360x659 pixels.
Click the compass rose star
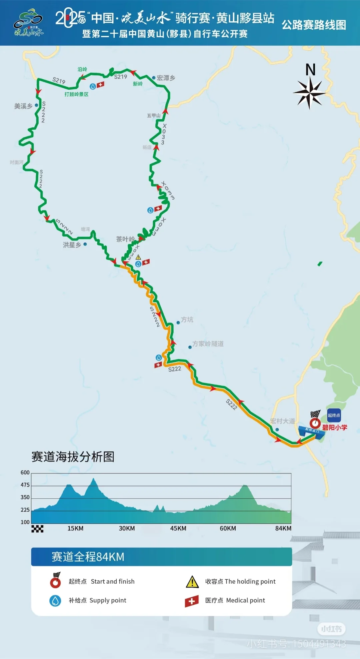pyautogui.click(x=310, y=93)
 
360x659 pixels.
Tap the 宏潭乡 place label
pyautogui.click(x=166, y=78)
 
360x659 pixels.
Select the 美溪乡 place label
pyautogui.click(x=23, y=106)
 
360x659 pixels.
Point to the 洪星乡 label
pyautogui.click(x=72, y=245)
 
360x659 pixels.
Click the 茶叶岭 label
pyautogui.click(x=125, y=239)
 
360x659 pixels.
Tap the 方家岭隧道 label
pyautogui.click(x=208, y=344)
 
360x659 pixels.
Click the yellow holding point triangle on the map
pyautogui.click(x=138, y=257)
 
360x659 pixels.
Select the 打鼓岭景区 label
pyautogui.click(x=76, y=94)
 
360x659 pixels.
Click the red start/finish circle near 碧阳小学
pyautogui.click(x=315, y=423)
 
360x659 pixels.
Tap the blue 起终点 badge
pyautogui.click(x=334, y=415)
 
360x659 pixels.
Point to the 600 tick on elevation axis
pyautogui.click(x=25, y=472)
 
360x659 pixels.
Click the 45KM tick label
pyautogui.click(x=178, y=528)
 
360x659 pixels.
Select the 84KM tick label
pyautogui.click(x=283, y=528)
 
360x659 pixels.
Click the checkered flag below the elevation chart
pyautogui.click(x=37, y=529)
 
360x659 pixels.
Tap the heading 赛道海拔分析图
pyautogui.click(x=73, y=457)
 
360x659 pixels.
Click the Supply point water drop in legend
pyautogui.click(x=55, y=600)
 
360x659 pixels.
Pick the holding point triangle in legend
pyautogui.click(x=192, y=582)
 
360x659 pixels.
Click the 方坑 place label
pyautogui.click(x=187, y=320)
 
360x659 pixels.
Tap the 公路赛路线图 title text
pyautogui.click(x=314, y=25)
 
